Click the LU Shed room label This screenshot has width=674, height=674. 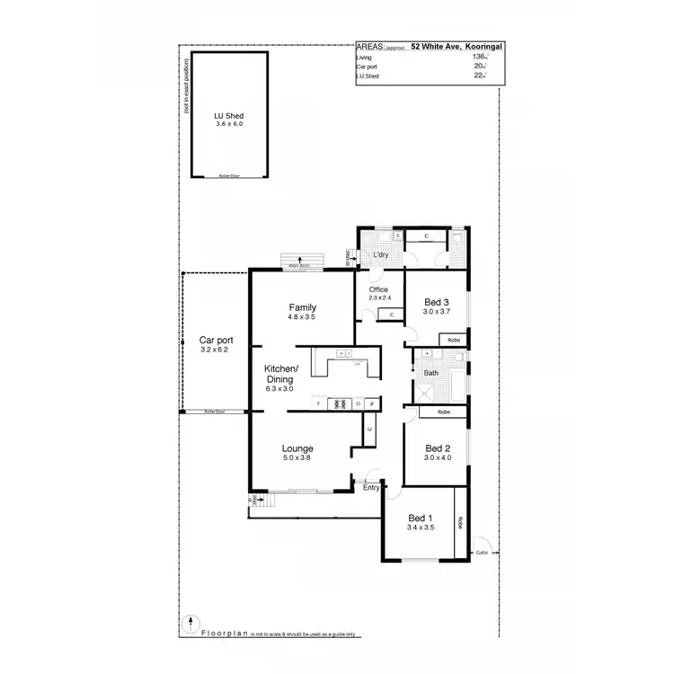click(x=229, y=117)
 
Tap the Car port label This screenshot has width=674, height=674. click(x=216, y=341)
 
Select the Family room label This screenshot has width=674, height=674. click(x=302, y=307)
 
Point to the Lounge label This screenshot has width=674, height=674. click(x=297, y=448)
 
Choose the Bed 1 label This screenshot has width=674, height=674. click(x=421, y=519)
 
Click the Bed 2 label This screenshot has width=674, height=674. click(x=438, y=448)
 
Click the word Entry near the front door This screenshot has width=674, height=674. click(x=371, y=488)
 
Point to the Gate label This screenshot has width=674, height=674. click(x=482, y=552)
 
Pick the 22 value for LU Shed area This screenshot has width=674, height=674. click(x=478, y=76)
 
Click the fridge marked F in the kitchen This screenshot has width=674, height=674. click(x=319, y=404)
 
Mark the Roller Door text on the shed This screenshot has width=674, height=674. click(x=229, y=176)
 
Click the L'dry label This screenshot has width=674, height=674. click(x=381, y=256)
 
